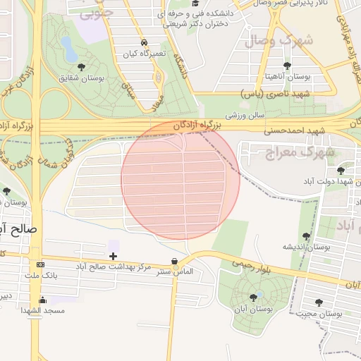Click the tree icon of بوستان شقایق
(81, 67)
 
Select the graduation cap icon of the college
(195, 4)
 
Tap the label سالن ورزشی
(243, 114)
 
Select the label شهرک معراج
(290, 152)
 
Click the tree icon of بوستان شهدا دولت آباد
(341, 171)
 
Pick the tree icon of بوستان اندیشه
(305, 236)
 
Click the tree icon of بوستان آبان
(253, 298)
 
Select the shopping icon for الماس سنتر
(174, 261)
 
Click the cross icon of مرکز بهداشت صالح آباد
(113, 255)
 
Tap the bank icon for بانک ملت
(40, 265)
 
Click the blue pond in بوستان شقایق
(69, 49)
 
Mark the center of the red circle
(180, 180)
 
